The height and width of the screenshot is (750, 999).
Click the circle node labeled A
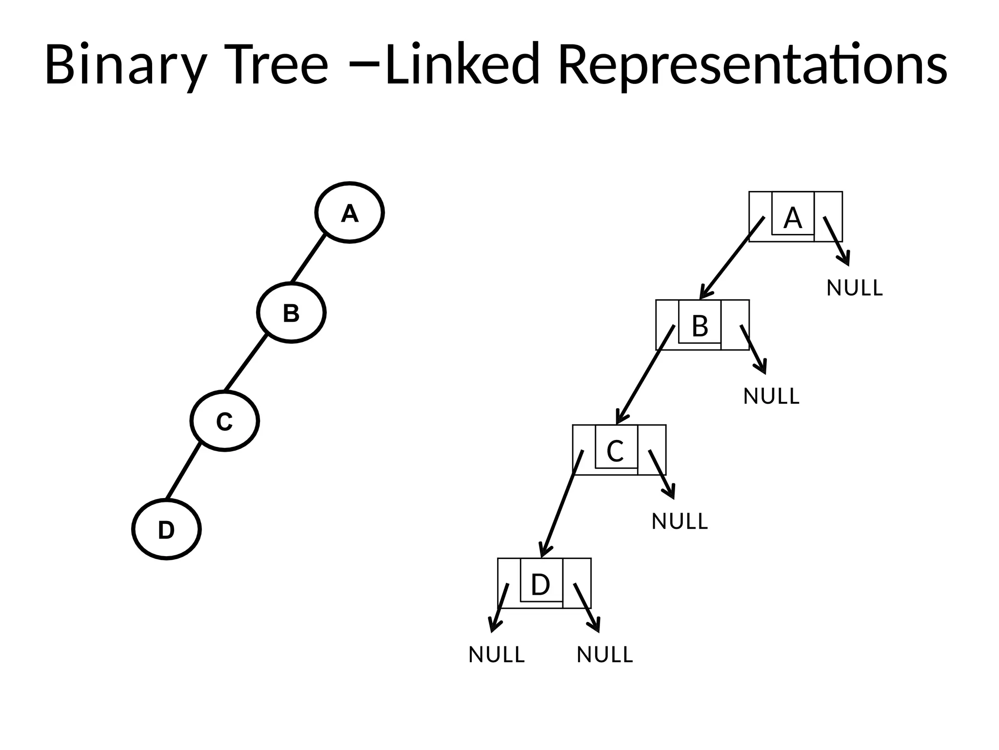pos(349,212)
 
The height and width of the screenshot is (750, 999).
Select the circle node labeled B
pos(291,312)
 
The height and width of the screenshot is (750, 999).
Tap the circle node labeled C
pos(224,421)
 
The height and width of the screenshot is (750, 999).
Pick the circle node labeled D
pos(166,529)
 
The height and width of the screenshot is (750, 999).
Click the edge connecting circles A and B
pos(308,259)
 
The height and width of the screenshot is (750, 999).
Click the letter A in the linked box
pos(793,218)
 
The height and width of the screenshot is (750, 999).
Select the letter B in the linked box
pos(700,326)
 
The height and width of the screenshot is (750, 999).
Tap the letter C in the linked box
pos(615,451)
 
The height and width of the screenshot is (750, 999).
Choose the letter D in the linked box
pos(540,584)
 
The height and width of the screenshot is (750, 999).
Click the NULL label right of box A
pos(855,288)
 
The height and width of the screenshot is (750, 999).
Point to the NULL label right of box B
pos(771,396)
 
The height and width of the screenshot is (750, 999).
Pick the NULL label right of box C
pos(679,521)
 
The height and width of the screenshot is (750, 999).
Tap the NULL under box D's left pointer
pos(497,655)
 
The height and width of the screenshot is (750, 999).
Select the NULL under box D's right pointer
pos(605,655)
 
